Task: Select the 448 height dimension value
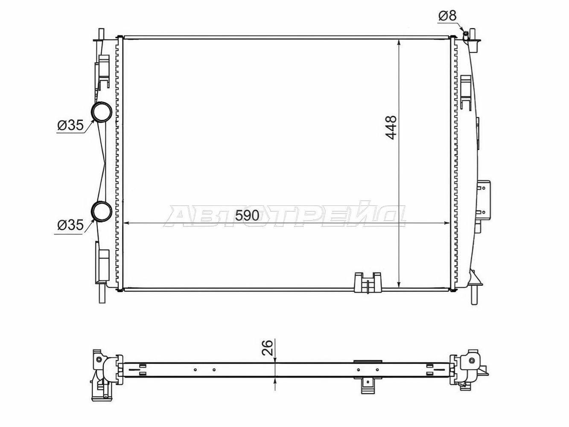(x=391, y=128)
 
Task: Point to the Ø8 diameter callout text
(x=447, y=16)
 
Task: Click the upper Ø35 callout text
(x=70, y=126)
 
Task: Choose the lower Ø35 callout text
(x=70, y=225)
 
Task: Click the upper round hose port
(x=101, y=112)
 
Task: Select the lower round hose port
(x=101, y=211)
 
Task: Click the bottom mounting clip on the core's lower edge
(x=368, y=284)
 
